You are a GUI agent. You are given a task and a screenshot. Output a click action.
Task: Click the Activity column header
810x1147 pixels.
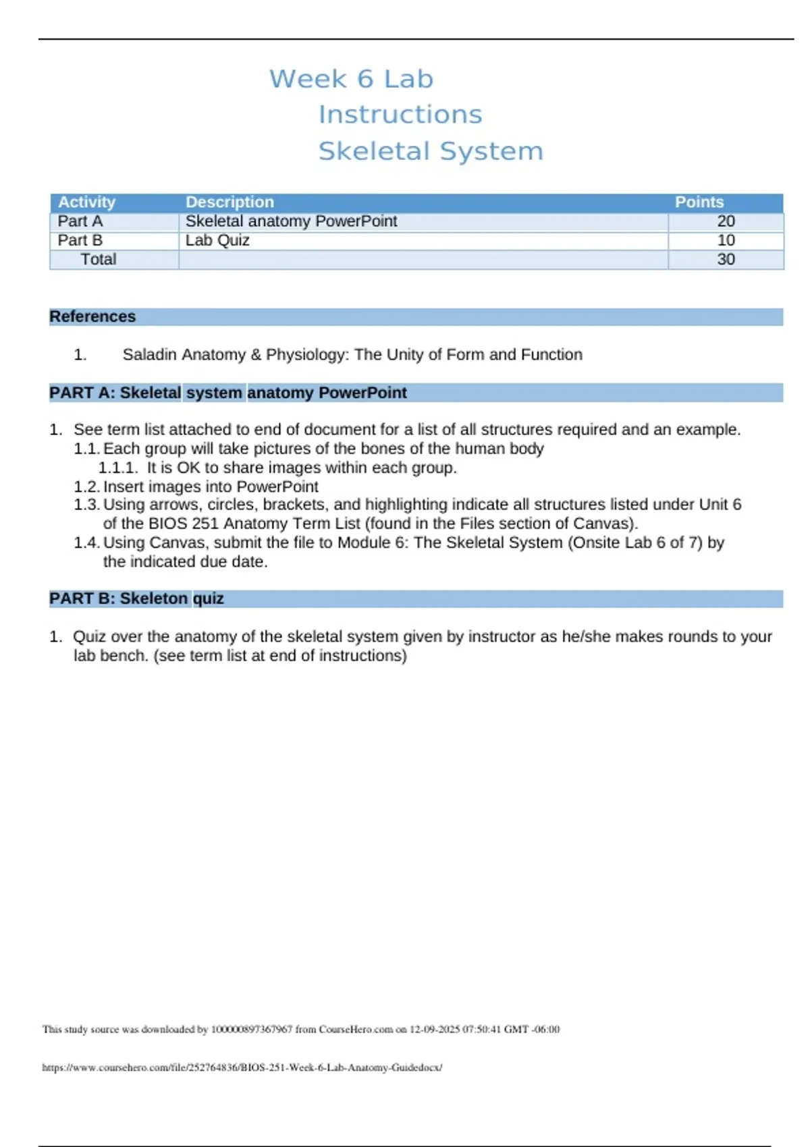pyautogui.click(x=86, y=202)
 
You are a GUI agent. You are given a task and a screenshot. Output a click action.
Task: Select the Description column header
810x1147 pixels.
pyautogui.click(x=230, y=202)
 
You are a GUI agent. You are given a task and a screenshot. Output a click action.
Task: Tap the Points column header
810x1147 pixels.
pyautogui.click(x=699, y=202)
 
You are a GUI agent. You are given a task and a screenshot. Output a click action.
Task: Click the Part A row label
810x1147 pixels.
pyautogui.click(x=80, y=221)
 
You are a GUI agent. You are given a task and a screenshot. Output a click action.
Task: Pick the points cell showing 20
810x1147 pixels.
pyautogui.click(x=726, y=221)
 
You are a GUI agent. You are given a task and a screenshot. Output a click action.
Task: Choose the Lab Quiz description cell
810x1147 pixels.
pyautogui.click(x=217, y=240)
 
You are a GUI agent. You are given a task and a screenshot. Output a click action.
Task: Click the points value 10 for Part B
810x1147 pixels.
pyautogui.click(x=726, y=240)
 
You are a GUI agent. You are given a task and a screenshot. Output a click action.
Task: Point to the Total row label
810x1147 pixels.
pyautogui.click(x=99, y=259)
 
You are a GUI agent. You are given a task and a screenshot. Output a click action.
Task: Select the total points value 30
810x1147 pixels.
pyautogui.click(x=726, y=259)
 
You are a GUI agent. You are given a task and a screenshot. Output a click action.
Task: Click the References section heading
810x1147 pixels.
pyautogui.click(x=92, y=316)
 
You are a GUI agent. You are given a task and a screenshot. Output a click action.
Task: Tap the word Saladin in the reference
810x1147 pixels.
pyautogui.click(x=150, y=355)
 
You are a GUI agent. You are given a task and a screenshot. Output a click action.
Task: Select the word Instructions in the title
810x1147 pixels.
pyautogui.click(x=400, y=115)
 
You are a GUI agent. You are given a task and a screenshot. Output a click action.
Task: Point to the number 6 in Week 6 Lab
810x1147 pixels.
pyautogui.click(x=365, y=79)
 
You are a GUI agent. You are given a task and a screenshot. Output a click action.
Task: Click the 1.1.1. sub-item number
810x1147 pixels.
pyautogui.click(x=118, y=468)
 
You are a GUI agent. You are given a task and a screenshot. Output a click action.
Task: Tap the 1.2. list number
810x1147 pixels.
pyautogui.click(x=87, y=487)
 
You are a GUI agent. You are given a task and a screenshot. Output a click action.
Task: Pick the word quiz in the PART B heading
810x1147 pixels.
pyautogui.click(x=209, y=599)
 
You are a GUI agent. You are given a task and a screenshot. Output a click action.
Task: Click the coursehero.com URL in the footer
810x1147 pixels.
pyautogui.click(x=242, y=1067)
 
